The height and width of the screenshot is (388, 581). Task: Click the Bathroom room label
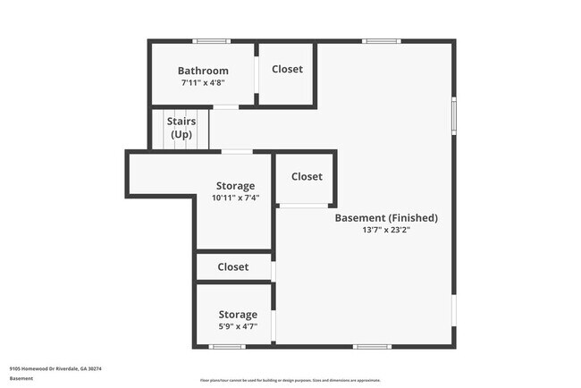[203, 71]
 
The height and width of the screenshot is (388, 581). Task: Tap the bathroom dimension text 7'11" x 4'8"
[203, 82]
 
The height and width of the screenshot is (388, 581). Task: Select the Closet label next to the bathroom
[287, 69]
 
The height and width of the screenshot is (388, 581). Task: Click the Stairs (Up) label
[181, 127]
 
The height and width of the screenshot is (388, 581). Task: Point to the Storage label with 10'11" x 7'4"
[235, 186]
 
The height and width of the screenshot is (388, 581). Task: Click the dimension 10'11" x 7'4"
[235, 198]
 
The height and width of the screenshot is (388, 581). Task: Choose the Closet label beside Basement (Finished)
[307, 176]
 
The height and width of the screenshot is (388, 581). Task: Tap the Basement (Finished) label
[386, 217]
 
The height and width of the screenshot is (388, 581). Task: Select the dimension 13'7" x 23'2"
[386, 230]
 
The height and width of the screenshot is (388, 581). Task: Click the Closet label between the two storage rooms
[233, 266]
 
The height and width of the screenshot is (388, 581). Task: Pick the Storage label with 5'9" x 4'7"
[239, 314]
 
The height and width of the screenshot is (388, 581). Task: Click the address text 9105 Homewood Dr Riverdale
[55, 368]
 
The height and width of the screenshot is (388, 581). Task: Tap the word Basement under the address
[21, 378]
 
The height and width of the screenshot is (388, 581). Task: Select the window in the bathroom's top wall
[213, 41]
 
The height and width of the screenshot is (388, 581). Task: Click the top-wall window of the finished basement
[381, 41]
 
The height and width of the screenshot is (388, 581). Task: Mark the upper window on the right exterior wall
[454, 114]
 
